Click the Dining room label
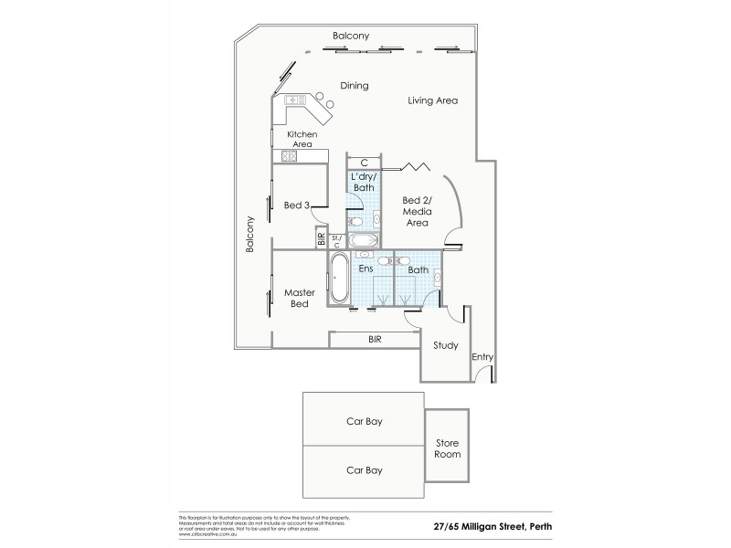pos(354,86)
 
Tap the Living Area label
pos(432,100)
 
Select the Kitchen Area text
pos(302,140)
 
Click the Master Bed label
pos(299,298)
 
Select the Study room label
pos(444,346)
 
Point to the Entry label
pos(482,356)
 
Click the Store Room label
pos(448,448)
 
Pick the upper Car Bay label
pos(364,423)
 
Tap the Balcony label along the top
pos(351,36)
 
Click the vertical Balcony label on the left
pos(249,234)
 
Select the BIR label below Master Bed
pos(375,339)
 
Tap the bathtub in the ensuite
pos(337,279)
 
